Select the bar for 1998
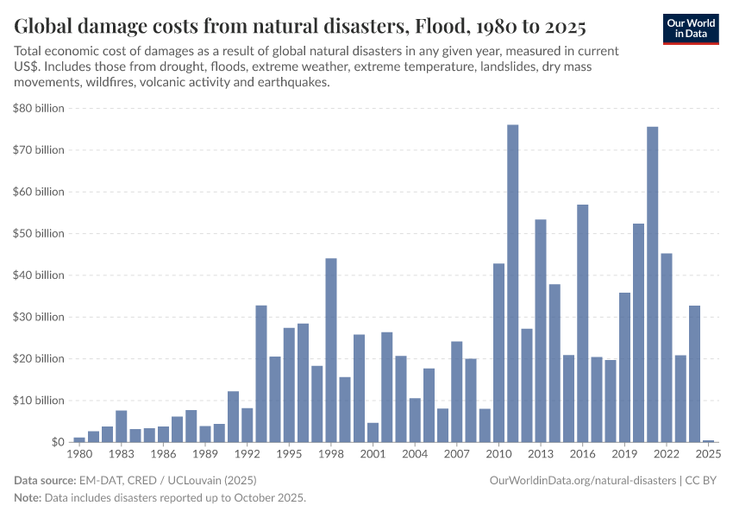(331, 350)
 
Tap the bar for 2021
(653, 284)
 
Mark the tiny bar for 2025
(708, 440)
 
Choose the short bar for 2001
(373, 432)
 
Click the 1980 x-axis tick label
(79, 453)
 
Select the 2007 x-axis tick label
(457, 453)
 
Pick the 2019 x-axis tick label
(624, 453)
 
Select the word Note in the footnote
(27, 498)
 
